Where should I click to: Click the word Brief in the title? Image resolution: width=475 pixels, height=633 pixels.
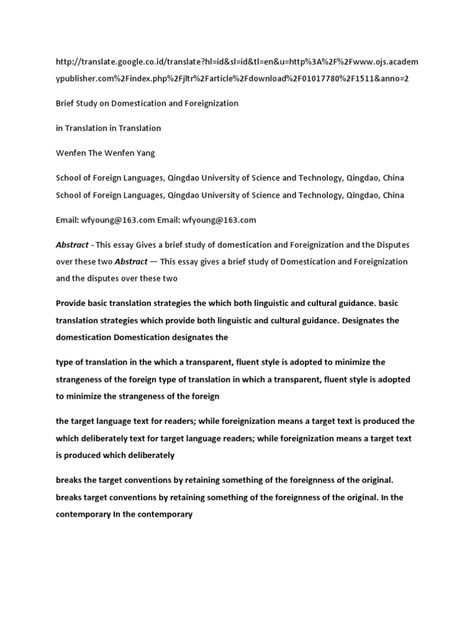point(66,103)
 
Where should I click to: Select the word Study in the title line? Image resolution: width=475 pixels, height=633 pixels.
point(90,103)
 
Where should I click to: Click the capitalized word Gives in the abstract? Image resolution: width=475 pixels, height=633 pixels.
point(144,245)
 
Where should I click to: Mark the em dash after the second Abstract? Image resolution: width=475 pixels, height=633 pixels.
point(153,261)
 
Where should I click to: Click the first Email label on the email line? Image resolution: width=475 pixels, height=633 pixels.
point(67,219)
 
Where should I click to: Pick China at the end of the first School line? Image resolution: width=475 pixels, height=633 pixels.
point(393,177)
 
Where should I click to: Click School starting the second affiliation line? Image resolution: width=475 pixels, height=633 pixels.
point(68,195)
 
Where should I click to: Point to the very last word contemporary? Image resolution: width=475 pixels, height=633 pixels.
point(167,513)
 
